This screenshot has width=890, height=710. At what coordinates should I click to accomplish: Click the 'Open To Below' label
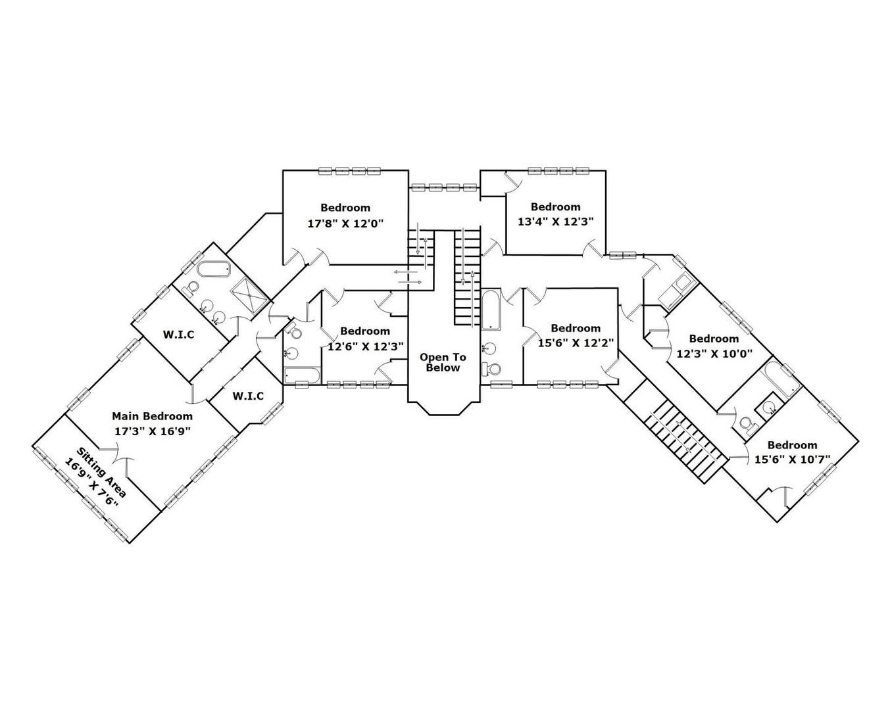click(443, 362)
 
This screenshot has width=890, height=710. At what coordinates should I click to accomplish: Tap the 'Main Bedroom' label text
click(152, 416)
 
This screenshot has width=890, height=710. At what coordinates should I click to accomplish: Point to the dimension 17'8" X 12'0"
click(345, 223)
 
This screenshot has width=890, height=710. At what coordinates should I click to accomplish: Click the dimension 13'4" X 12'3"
click(556, 222)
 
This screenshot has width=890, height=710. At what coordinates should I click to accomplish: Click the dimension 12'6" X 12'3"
click(365, 346)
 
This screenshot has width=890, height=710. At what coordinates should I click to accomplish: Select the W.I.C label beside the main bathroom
click(179, 335)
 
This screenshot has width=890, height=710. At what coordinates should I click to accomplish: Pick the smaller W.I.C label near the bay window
click(248, 396)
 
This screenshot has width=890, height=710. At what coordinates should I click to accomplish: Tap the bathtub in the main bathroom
click(213, 269)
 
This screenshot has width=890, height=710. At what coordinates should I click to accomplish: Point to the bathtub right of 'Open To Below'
click(490, 310)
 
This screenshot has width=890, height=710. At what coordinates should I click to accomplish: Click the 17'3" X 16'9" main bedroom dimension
click(152, 431)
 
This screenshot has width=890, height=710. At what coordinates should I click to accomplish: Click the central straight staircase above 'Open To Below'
click(467, 276)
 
